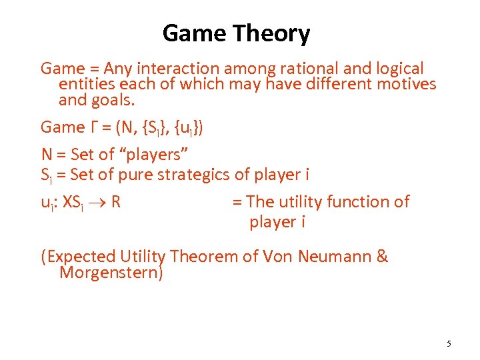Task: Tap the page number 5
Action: click(449, 344)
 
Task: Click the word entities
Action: click(86, 85)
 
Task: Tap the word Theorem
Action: click(203, 257)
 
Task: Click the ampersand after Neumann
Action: click(382, 257)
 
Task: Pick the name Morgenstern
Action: click(111, 273)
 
